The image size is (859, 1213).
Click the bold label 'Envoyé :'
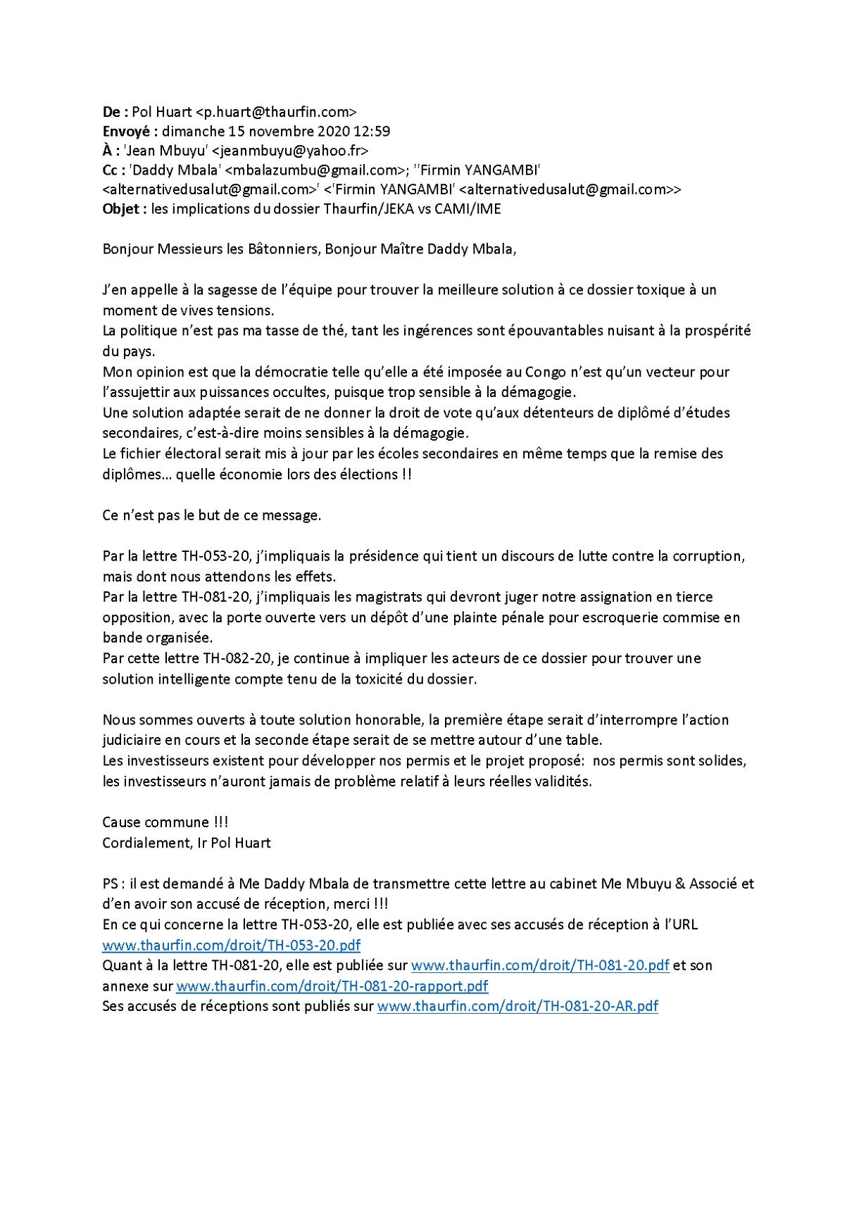click(130, 132)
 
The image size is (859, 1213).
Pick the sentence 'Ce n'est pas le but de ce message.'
click(212, 515)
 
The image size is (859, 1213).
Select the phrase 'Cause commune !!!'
click(165, 822)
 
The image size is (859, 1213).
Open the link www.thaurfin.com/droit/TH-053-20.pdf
click(232, 945)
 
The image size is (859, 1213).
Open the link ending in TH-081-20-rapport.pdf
click(332, 986)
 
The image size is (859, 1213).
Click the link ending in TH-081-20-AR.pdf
click(518, 1007)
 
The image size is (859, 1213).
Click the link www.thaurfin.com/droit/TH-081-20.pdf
click(539, 966)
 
